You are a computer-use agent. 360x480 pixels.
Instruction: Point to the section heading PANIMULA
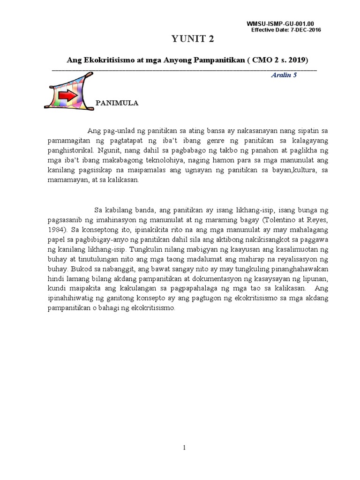pyautogui.click(x=117, y=103)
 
